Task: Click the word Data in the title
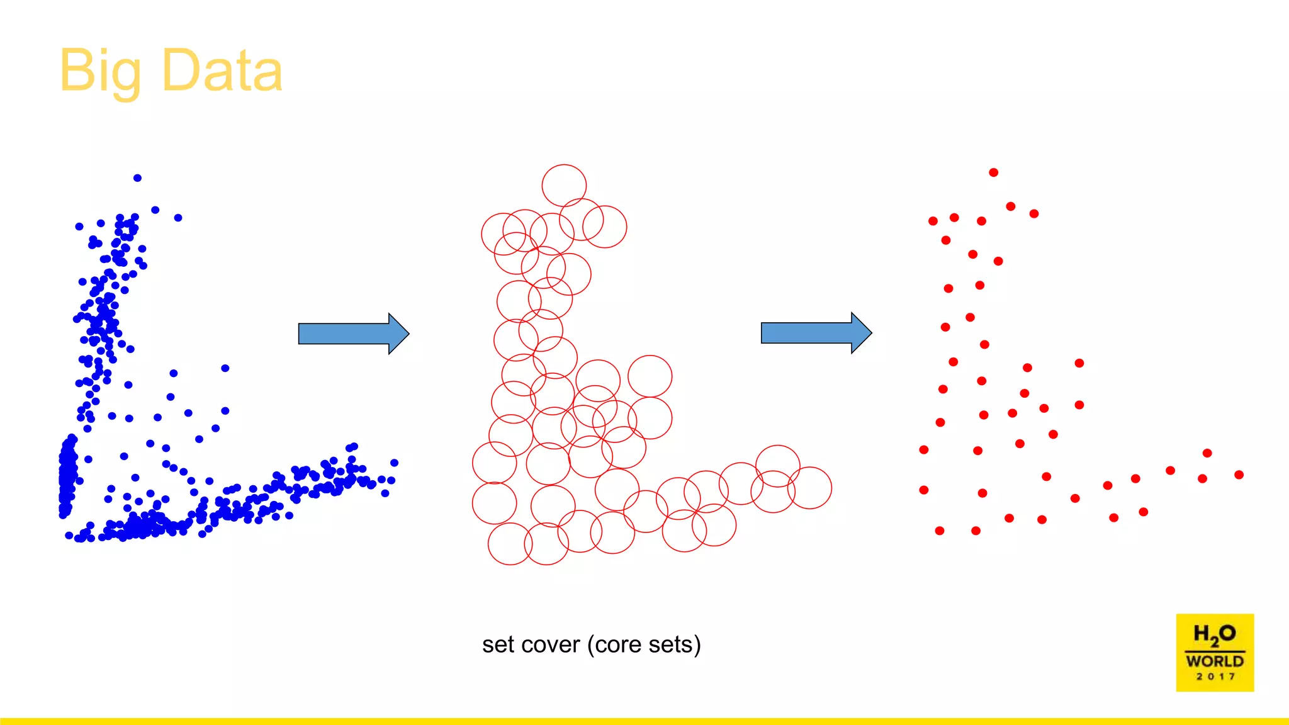(x=222, y=70)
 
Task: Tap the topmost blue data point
(x=137, y=178)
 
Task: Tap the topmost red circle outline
(x=564, y=165)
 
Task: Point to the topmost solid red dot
(x=993, y=172)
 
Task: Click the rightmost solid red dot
(x=1239, y=475)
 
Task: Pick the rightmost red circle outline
(x=831, y=488)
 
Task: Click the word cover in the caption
(x=552, y=645)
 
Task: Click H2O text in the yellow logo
(x=1214, y=634)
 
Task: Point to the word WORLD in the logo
(x=1215, y=661)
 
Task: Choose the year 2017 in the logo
(x=1215, y=677)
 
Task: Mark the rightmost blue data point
(x=394, y=463)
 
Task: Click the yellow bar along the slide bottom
(x=644, y=721)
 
